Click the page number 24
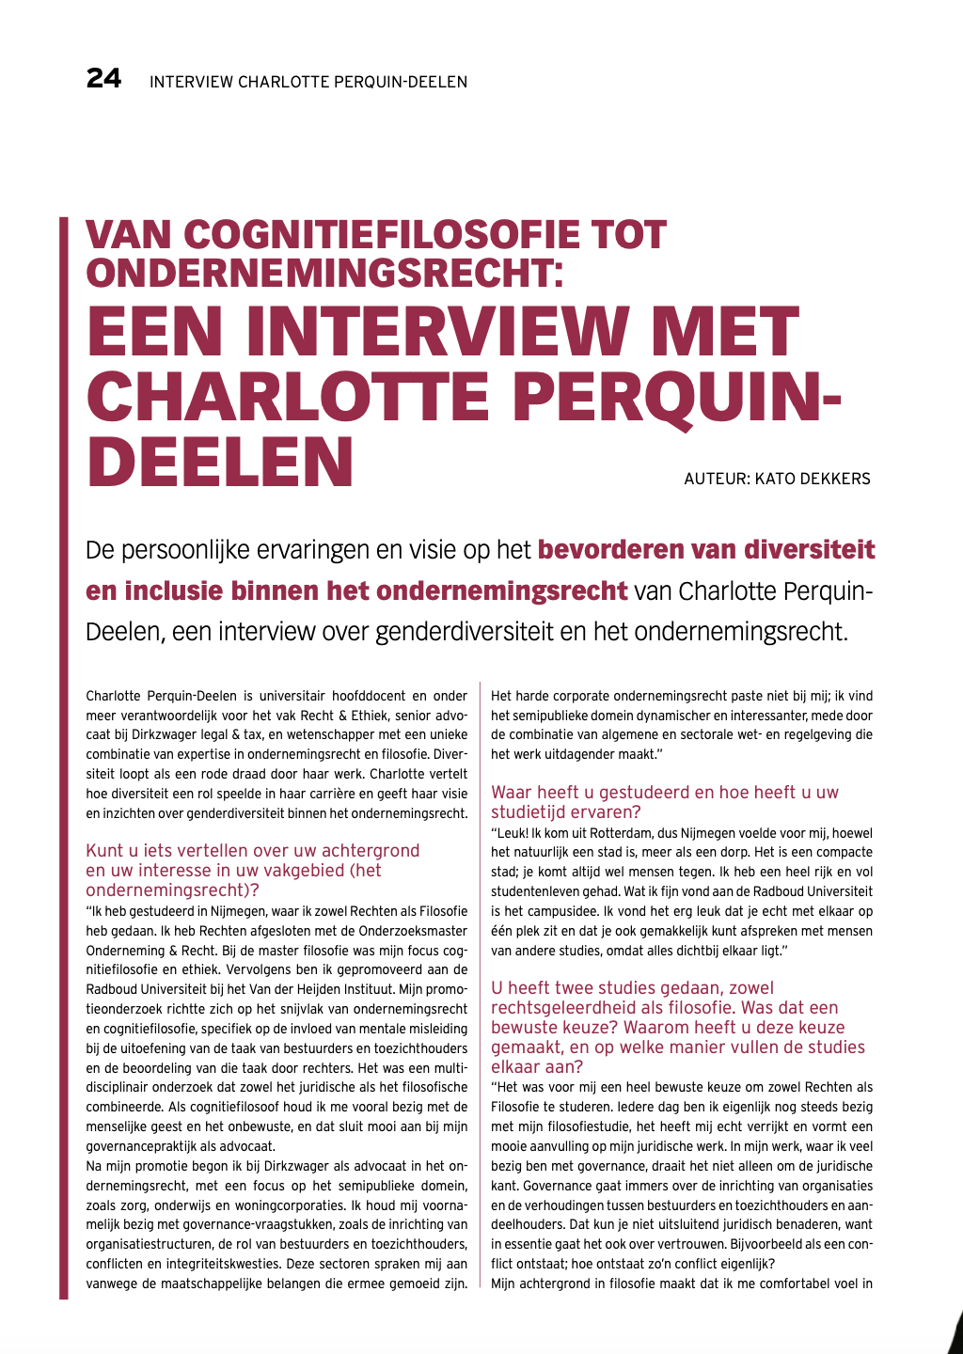pos(103,79)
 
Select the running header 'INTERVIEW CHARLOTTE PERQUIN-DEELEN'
pos(308,83)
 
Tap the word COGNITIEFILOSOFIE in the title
pos(375,235)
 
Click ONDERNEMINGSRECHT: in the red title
pos(324,274)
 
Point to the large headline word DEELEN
pos(220,462)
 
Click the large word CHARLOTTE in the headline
pos(288,397)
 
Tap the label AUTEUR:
pos(717,479)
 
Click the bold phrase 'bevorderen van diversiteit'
pos(706,549)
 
